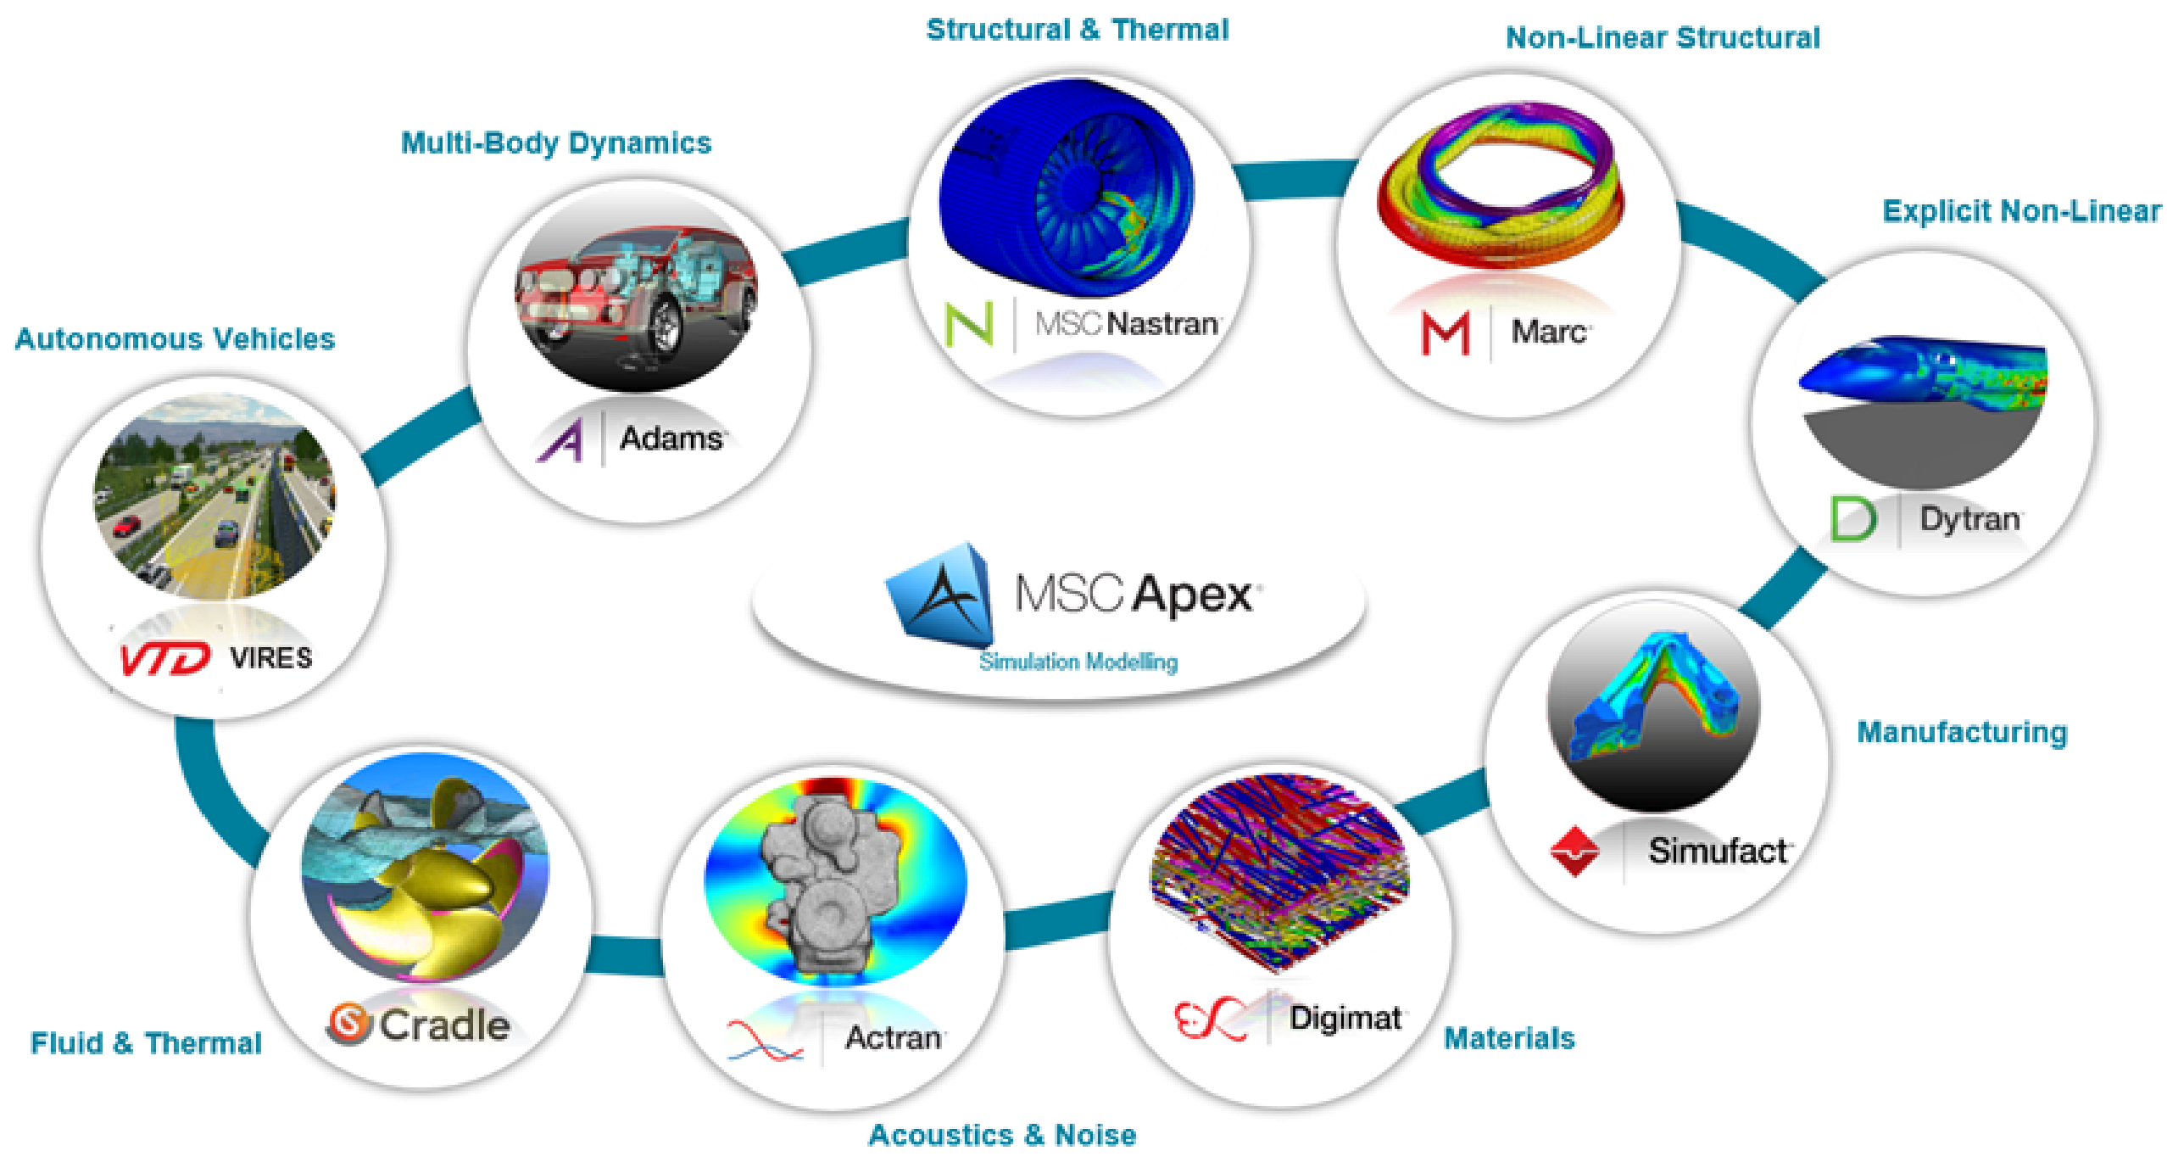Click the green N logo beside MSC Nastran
pyautogui.click(x=969, y=324)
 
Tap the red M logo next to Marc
pyautogui.click(x=1446, y=333)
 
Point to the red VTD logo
pyautogui.click(x=165, y=658)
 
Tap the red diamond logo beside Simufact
pyautogui.click(x=1574, y=851)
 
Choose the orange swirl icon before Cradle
pyautogui.click(x=349, y=1024)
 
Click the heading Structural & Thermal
pyautogui.click(x=1077, y=30)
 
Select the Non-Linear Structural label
pyautogui.click(x=1663, y=37)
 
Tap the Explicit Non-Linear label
pyautogui.click(x=2022, y=211)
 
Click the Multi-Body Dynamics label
pyautogui.click(x=556, y=143)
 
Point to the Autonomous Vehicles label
pyautogui.click(x=175, y=339)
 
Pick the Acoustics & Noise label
pyautogui.click(x=1003, y=1135)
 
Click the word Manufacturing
pyautogui.click(x=1963, y=732)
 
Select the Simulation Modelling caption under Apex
pyautogui.click(x=1078, y=662)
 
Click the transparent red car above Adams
pyautogui.click(x=636, y=293)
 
